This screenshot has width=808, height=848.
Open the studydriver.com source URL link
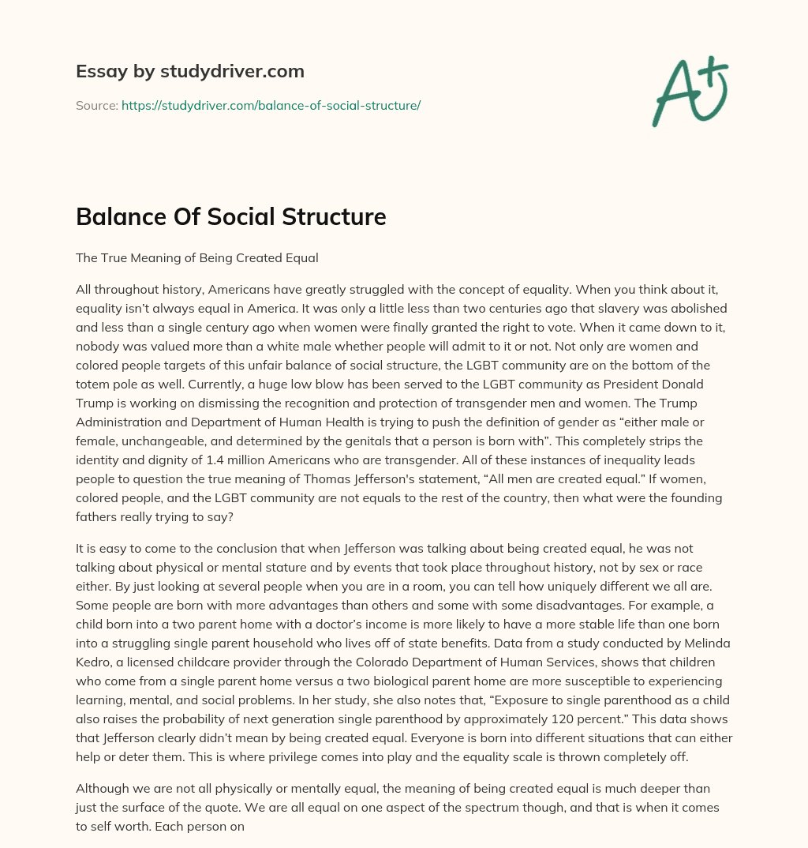(271, 105)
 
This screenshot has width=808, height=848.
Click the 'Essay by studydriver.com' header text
(189, 71)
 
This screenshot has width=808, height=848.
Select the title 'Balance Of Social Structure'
(230, 216)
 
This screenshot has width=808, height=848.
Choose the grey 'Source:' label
(96, 105)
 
